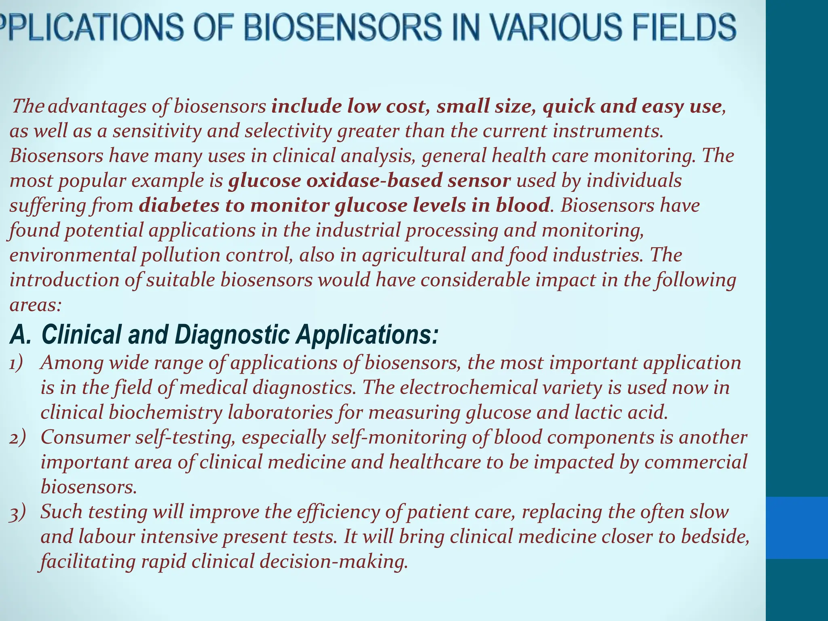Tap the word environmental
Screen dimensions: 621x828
[73, 256]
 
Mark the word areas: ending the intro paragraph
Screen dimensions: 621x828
[35, 305]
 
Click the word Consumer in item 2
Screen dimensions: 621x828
[85, 437]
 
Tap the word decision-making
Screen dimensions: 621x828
[333, 562]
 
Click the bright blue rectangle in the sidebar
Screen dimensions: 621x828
[797, 528]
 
